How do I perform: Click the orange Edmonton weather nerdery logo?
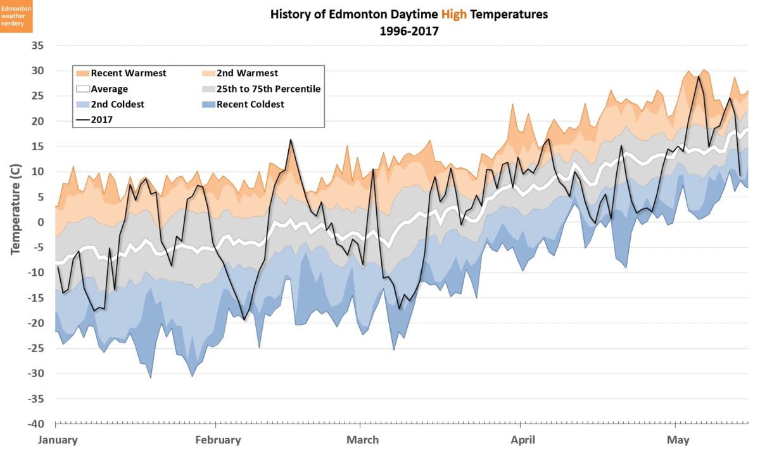[16, 16]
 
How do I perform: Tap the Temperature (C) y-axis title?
[15, 209]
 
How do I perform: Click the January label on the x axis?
[58, 440]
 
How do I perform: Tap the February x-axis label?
[218, 440]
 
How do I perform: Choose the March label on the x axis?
[363, 440]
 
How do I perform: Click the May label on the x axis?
[678, 440]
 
